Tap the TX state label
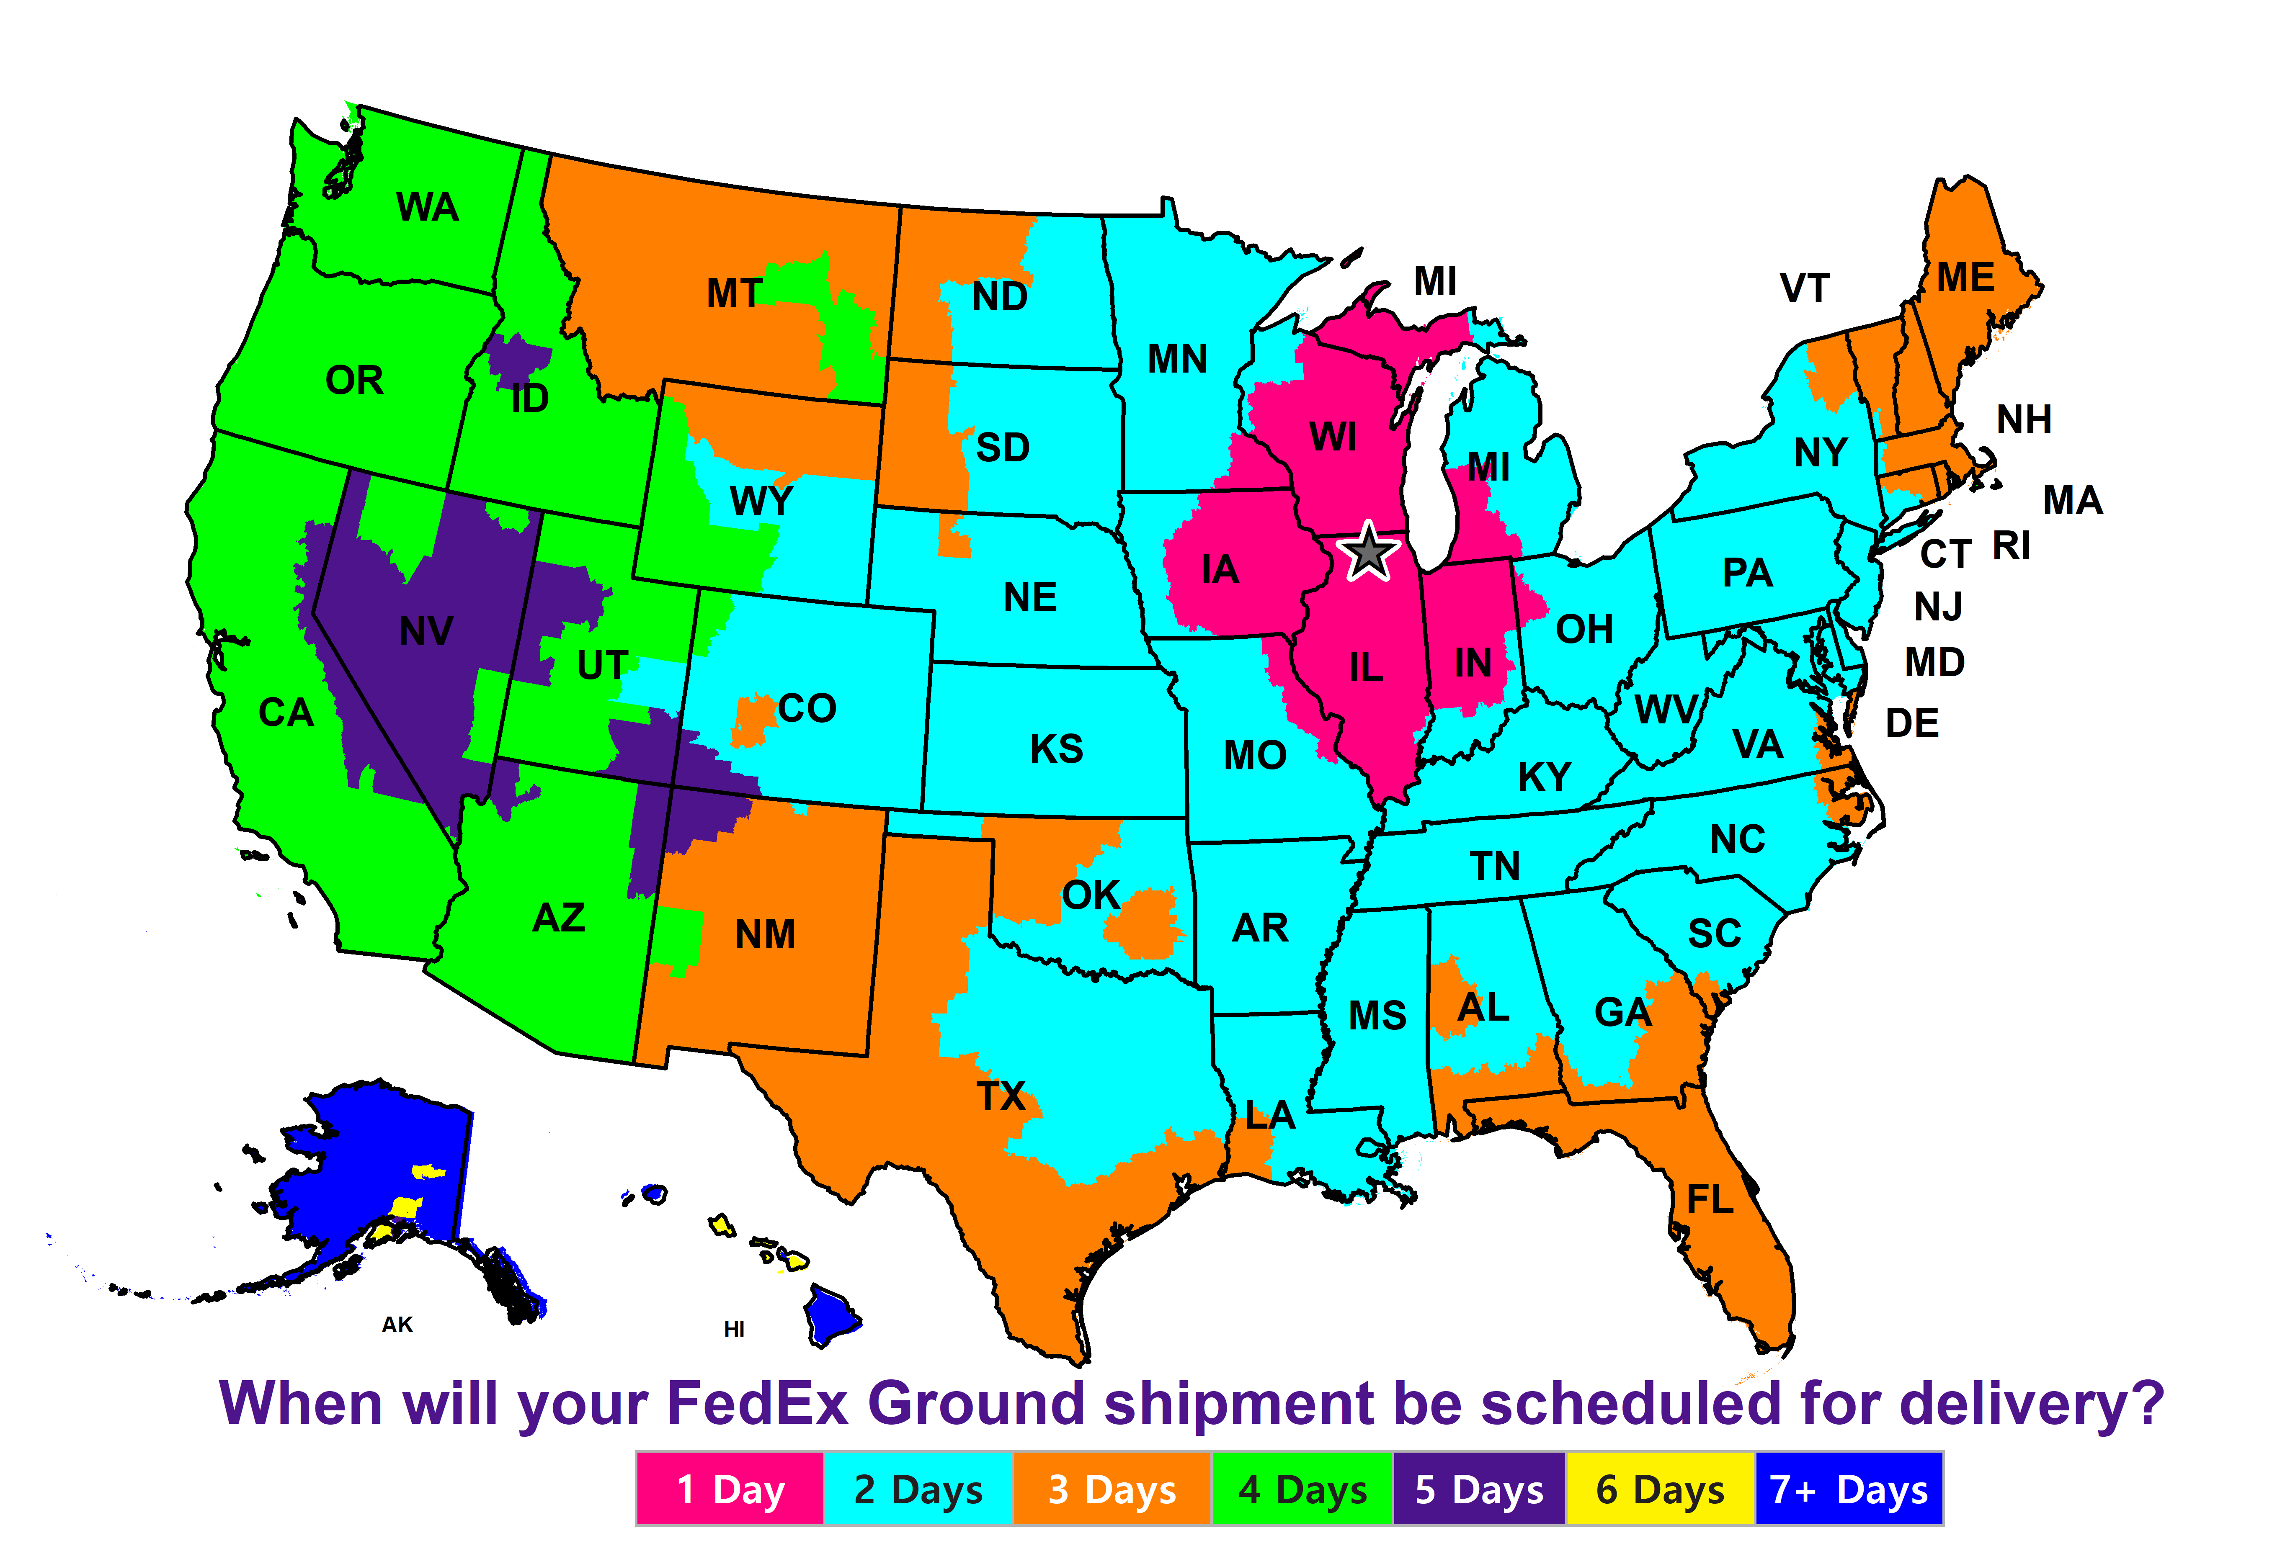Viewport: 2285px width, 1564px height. (x=1001, y=1096)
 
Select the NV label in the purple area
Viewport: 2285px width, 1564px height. (x=426, y=631)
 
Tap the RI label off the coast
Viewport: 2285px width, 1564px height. (x=2012, y=545)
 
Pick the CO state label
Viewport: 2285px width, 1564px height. (x=806, y=708)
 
